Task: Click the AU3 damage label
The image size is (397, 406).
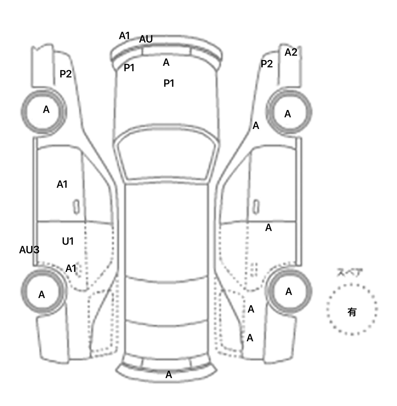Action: coord(29,250)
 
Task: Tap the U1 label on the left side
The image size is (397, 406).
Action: coord(68,241)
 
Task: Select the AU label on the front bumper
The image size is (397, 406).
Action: coord(146,39)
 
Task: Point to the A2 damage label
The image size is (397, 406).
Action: coord(291,53)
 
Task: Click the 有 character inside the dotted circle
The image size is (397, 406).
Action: coord(352,312)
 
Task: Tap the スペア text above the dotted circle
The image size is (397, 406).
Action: coord(350,273)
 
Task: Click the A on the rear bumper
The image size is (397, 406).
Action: coord(169,374)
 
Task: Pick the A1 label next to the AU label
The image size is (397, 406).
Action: coord(124,36)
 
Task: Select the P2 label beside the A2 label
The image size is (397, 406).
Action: coord(267,64)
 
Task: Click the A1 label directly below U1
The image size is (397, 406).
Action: coord(71,269)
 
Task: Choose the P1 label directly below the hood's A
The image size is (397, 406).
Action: coord(169,83)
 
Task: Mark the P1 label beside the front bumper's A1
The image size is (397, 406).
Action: coord(129,68)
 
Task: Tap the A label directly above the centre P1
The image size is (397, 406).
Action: coord(166,62)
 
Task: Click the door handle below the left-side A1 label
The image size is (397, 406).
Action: coord(77,207)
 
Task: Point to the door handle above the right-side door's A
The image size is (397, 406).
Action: coord(256,207)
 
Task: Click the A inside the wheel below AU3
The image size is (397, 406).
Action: coord(42,295)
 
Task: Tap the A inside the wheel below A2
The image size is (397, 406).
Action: coord(288,114)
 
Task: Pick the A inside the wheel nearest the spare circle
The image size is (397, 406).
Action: coord(289,292)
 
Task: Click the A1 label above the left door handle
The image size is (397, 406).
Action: coord(62,184)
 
